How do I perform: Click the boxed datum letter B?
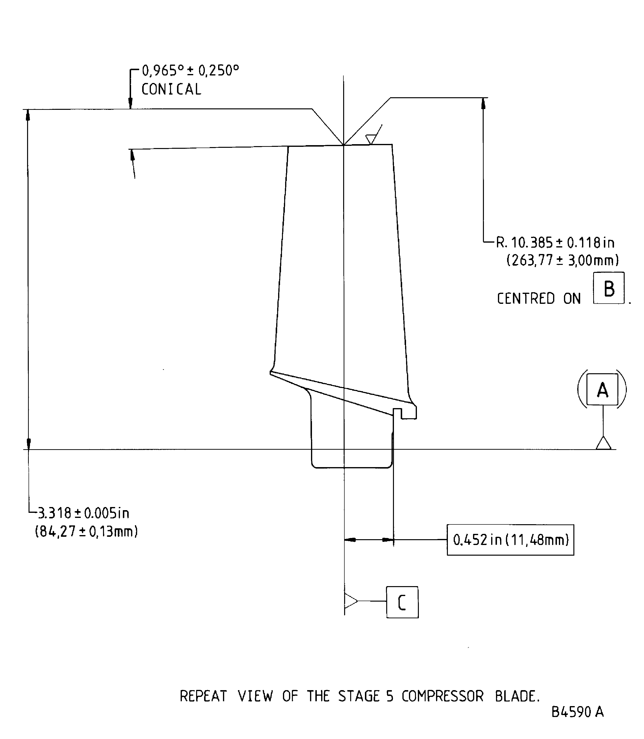click(x=609, y=288)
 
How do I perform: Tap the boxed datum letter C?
click(x=402, y=602)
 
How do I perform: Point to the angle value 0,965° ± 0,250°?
click(x=191, y=70)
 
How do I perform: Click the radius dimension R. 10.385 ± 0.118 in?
click(x=555, y=243)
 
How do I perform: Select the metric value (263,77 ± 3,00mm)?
click(x=563, y=260)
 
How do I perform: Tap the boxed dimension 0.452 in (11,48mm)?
click(x=510, y=540)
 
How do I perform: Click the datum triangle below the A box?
click(x=603, y=444)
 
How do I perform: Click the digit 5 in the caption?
click(x=390, y=696)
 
